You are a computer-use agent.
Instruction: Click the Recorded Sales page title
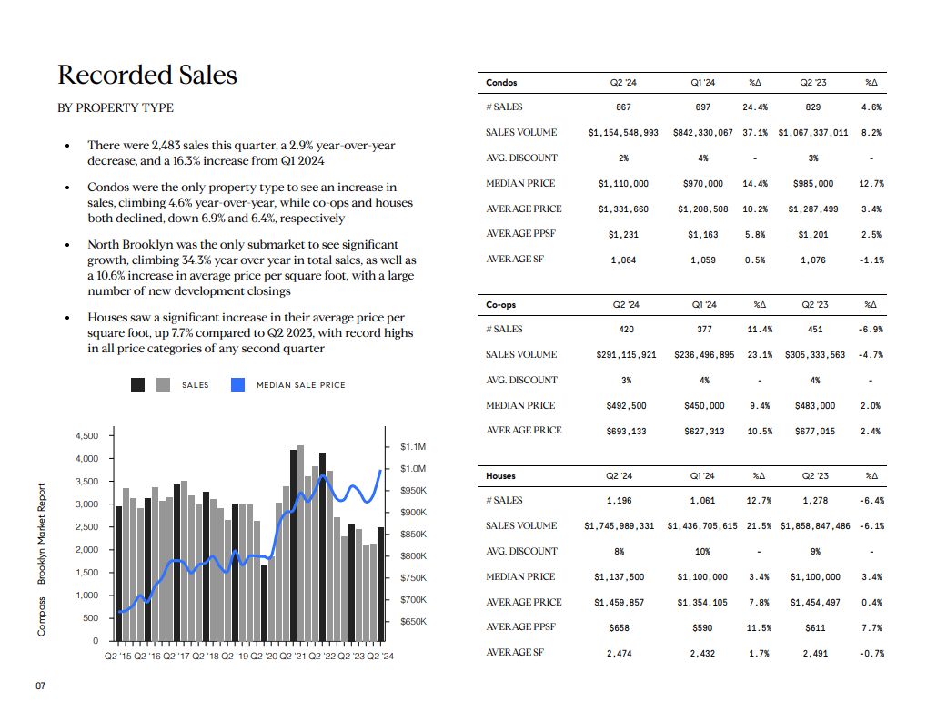click(147, 75)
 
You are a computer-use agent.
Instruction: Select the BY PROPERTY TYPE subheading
click(116, 107)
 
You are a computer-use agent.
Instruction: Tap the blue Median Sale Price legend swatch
click(238, 384)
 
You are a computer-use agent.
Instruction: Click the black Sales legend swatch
click(137, 384)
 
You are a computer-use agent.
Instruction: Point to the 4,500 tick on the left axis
click(87, 436)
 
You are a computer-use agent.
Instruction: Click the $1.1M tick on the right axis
click(413, 447)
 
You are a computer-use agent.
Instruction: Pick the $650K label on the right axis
click(414, 621)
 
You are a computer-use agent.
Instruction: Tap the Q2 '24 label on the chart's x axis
click(380, 656)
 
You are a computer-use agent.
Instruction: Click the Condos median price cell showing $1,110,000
click(623, 184)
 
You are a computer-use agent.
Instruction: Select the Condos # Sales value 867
click(623, 107)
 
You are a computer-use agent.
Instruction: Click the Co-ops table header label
click(500, 305)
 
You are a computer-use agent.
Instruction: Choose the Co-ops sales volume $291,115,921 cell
click(626, 355)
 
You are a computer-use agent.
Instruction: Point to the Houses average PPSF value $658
click(620, 628)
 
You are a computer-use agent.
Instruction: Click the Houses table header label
click(500, 475)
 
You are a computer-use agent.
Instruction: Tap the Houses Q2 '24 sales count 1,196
click(620, 501)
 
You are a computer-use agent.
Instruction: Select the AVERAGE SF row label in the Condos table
click(515, 259)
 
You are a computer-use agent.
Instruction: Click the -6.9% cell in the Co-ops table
click(871, 330)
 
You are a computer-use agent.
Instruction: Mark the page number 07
click(40, 686)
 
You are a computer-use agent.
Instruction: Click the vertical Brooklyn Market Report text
click(41, 534)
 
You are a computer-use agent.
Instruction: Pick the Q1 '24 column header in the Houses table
click(702, 475)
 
